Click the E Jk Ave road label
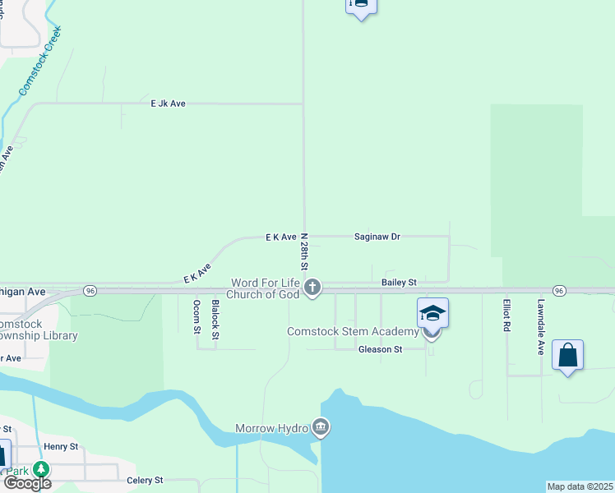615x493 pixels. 168,104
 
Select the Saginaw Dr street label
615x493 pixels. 377,237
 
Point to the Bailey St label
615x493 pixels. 400,282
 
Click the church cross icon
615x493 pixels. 312,288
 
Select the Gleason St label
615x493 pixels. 380,349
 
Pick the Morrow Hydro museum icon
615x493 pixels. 321,427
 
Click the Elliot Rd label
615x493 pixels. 507,315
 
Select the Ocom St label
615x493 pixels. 197,317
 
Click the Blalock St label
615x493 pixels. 215,318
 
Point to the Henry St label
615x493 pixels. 61,446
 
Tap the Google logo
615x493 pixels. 27,482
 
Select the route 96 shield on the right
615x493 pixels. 559,291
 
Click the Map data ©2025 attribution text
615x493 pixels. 580,486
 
